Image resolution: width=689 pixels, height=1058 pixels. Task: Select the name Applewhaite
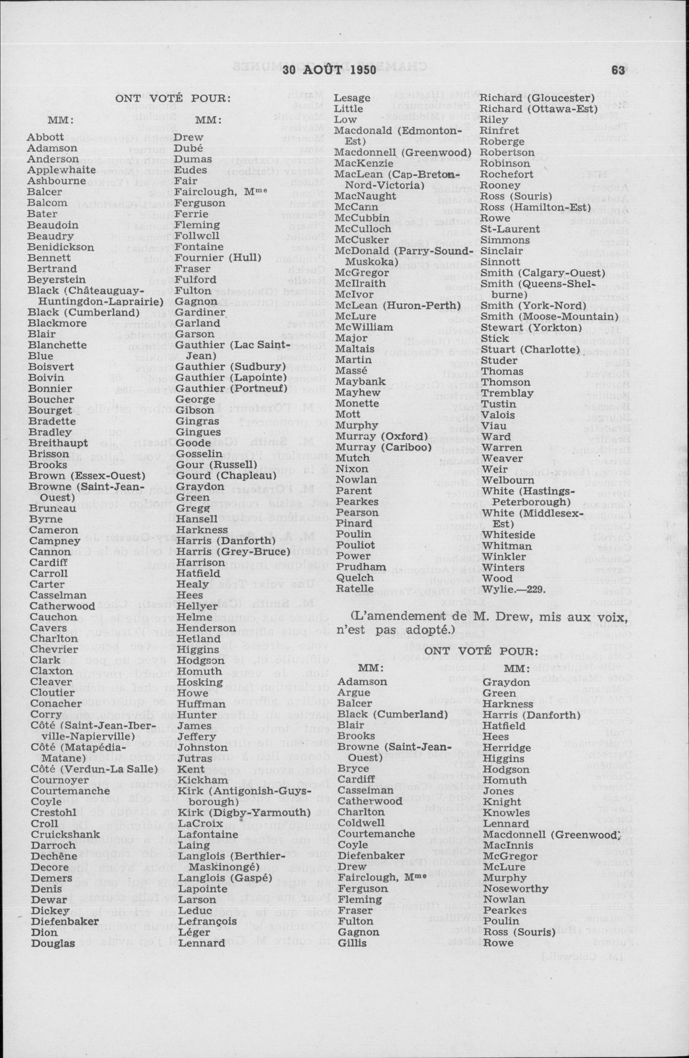(61, 170)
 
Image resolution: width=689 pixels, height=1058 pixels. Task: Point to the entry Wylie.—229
(513, 590)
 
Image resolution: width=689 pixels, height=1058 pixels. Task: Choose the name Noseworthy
(516, 889)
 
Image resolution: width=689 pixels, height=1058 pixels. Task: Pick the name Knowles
(507, 813)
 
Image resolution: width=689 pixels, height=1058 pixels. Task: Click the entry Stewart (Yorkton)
(531, 328)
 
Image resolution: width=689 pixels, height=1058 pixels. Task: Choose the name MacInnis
(504, 845)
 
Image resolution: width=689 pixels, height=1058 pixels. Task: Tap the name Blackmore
(57, 323)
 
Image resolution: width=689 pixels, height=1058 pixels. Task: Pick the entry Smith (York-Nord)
(533, 305)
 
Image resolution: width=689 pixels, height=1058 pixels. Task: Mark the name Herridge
(504, 747)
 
